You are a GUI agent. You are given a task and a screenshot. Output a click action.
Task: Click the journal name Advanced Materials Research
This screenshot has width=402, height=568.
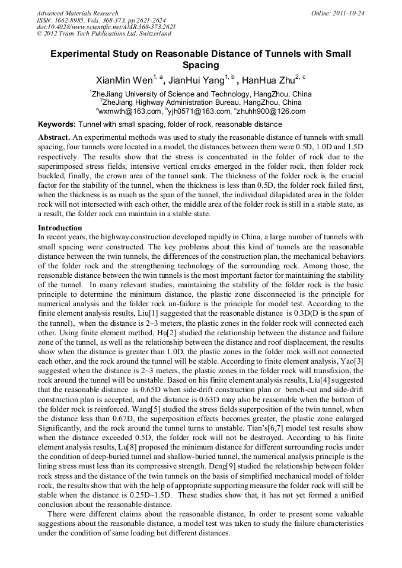[x=77, y=13]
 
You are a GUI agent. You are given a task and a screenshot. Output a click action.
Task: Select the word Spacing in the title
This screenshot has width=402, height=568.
[x=200, y=65]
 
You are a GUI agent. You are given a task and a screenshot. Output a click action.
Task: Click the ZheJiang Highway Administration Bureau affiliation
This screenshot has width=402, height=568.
[x=202, y=102]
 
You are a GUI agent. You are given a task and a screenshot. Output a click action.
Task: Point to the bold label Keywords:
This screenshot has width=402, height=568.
[x=57, y=125]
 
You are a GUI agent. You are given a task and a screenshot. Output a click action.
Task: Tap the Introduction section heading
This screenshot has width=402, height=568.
[x=60, y=227]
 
